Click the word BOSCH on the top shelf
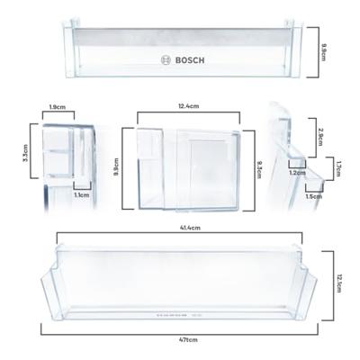(190, 60)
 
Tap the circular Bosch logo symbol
(166, 60)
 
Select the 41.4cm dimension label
(190, 228)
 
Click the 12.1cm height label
(339, 283)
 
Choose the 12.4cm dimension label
(189, 106)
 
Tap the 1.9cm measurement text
(58, 106)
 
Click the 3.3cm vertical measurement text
(25, 153)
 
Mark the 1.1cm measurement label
(82, 195)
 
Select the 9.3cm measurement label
(258, 170)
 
